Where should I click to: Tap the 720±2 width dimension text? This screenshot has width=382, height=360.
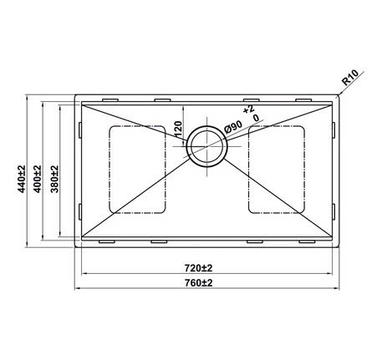pyautogui.click(x=198, y=267)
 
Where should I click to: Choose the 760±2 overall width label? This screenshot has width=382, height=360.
pyautogui.click(x=198, y=283)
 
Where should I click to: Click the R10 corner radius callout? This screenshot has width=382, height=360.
pyautogui.click(x=352, y=80)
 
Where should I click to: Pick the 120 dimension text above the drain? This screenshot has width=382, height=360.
pyautogui.click(x=178, y=130)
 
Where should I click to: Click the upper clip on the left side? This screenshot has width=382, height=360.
pyautogui.click(x=79, y=130)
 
